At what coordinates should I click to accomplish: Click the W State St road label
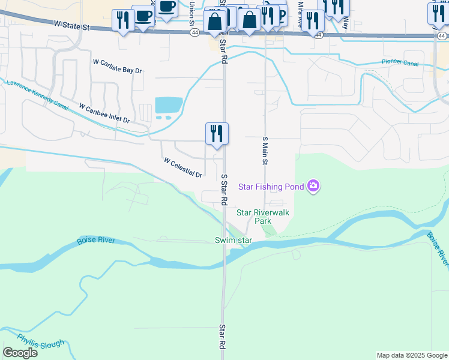[71, 26]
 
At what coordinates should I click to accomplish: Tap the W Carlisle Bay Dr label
[117, 66]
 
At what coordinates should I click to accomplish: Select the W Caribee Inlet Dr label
[104, 112]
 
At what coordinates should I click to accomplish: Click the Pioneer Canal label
[399, 62]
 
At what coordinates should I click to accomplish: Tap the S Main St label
[265, 150]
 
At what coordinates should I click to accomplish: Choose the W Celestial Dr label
[183, 167]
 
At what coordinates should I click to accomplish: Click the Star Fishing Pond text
[271, 187]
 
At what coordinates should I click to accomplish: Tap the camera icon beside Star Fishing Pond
[313, 187]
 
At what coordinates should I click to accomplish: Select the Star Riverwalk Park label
[263, 216]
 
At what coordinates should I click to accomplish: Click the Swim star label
[232, 241]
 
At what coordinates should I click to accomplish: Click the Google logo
[20, 353]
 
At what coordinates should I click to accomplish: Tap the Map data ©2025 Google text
[412, 355]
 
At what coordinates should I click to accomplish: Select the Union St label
[192, 10]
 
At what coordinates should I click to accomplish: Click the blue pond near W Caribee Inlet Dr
[168, 106]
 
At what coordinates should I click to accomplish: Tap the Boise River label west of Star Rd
[95, 241]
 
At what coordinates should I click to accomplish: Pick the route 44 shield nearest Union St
[194, 34]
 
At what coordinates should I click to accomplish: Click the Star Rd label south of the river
[221, 337]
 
